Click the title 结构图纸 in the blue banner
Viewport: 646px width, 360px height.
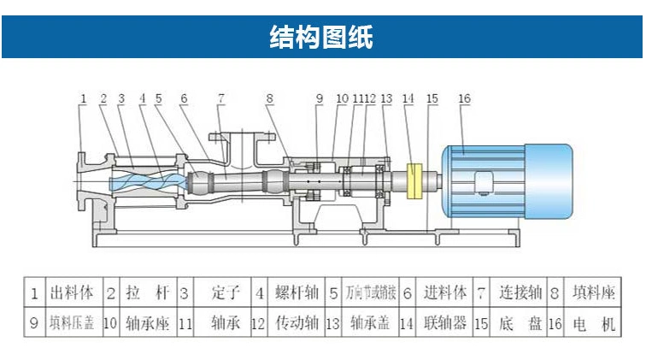322,37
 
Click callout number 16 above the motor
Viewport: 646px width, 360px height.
464,99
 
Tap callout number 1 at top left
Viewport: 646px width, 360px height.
83,99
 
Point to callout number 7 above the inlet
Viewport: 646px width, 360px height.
220,99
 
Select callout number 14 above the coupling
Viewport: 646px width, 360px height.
408,99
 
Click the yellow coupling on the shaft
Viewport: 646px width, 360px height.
417,182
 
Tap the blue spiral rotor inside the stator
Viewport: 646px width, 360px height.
145,180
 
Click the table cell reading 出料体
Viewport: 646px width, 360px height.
73,293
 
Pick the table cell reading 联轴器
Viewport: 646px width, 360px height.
443,325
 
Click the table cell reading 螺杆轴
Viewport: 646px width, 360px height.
296,293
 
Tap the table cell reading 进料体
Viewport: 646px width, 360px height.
445,293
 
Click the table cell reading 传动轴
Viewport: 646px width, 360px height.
297,325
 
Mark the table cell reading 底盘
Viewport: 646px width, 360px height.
518,325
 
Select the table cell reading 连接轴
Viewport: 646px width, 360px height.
520,293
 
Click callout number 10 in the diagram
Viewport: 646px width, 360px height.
342,99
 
